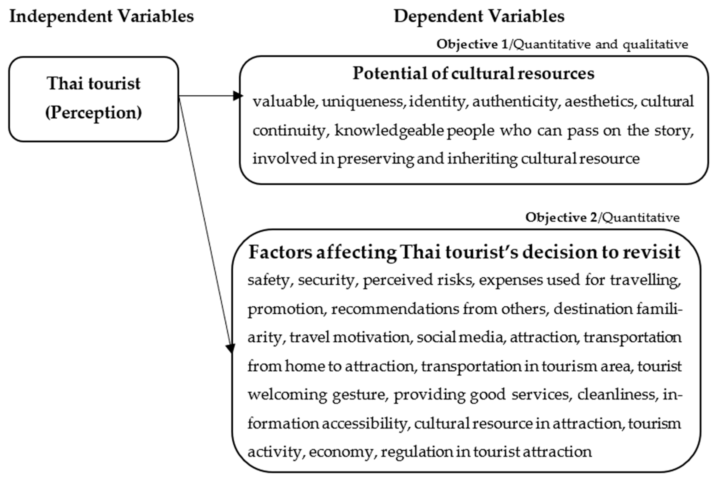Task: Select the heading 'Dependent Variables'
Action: (479, 16)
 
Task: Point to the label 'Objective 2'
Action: (561, 218)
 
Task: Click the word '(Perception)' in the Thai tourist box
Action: (94, 113)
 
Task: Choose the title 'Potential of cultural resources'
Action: (473, 73)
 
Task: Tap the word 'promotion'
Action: (285, 309)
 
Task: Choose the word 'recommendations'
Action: (395, 309)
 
